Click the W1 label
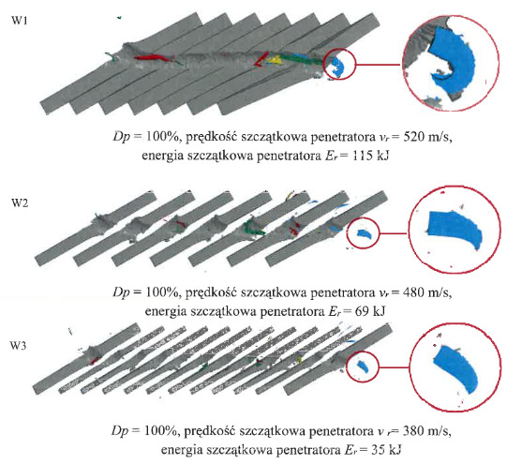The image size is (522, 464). point(20,21)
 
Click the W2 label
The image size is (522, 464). point(20,202)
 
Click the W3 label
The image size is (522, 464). point(18,346)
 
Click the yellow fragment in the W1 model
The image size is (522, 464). point(275,60)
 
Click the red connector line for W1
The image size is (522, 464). point(379,65)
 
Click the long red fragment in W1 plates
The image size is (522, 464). point(153,58)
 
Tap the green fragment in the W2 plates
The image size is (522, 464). point(254,227)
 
